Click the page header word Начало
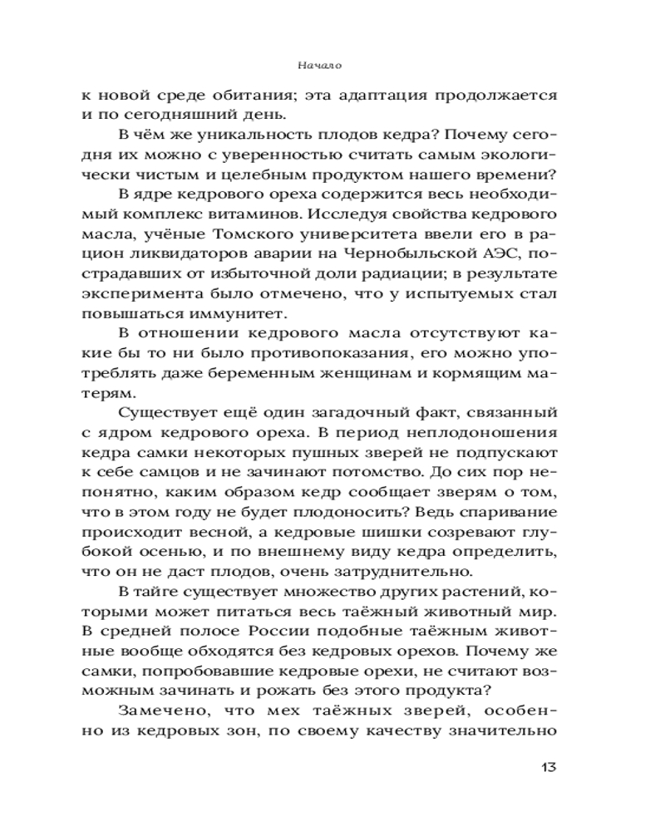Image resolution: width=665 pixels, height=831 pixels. [x=320, y=64]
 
